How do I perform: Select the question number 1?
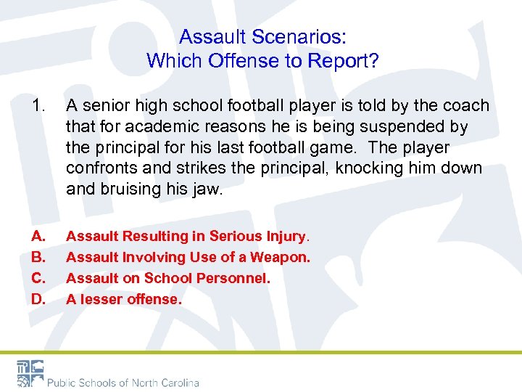pyautogui.click(x=39, y=105)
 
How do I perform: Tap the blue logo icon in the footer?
pyautogui.click(x=30, y=372)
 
